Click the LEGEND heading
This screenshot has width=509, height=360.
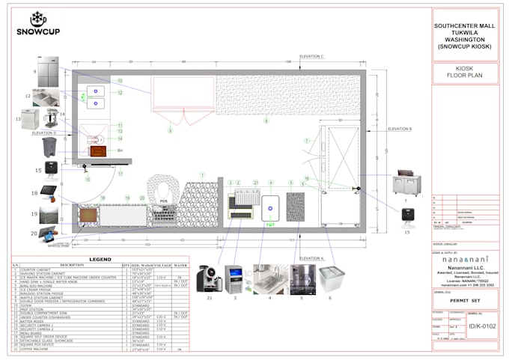(x=100, y=259)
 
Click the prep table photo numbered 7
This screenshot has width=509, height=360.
(x=409, y=184)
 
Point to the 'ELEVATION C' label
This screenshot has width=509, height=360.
(x=311, y=56)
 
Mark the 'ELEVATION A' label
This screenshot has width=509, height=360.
(x=311, y=258)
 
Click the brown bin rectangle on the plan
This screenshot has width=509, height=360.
(x=97, y=150)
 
